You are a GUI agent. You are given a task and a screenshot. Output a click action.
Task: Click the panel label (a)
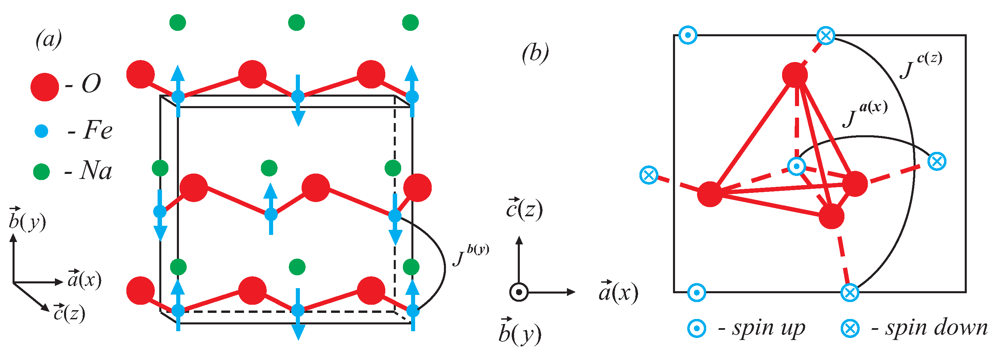(48, 39)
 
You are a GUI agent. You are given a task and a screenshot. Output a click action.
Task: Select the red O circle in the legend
(45, 87)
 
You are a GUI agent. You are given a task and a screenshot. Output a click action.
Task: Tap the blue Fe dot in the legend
(41, 131)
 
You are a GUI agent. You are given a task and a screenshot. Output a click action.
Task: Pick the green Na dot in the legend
(41, 172)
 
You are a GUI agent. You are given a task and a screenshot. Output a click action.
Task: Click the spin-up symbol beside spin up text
(697, 328)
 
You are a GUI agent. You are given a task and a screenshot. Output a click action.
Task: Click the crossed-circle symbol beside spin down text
(850, 328)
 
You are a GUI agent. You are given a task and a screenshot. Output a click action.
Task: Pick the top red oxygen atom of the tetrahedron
(795, 74)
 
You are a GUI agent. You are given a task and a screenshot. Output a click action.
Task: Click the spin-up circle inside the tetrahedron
(797, 166)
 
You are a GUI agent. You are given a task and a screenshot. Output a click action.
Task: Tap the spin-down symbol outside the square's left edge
(649, 175)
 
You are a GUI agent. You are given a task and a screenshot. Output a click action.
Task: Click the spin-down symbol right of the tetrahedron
(937, 161)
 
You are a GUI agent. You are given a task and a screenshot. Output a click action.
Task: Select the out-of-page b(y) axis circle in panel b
(519, 292)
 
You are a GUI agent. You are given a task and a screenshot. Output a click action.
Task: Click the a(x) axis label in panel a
(84, 279)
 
